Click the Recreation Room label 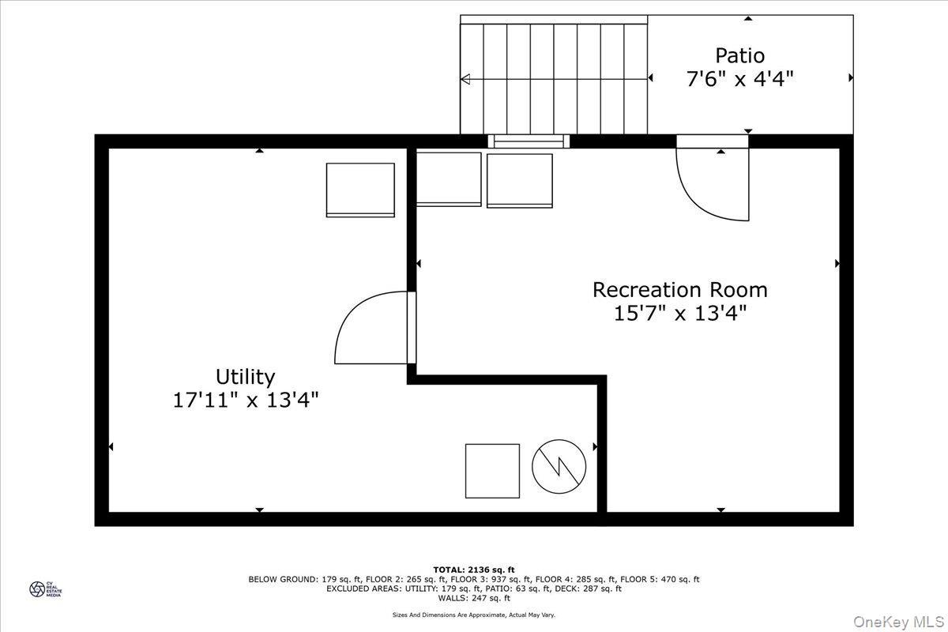[x=679, y=289]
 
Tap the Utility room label [x=245, y=376]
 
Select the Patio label [x=739, y=55]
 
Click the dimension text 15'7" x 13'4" [x=679, y=314]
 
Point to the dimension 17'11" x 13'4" [x=245, y=400]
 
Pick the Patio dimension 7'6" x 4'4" [x=739, y=79]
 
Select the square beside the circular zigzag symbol [x=492, y=471]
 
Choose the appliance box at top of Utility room [x=360, y=190]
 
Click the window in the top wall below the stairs [x=527, y=142]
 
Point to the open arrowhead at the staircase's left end [x=465, y=78]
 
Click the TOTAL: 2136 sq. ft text [x=474, y=570]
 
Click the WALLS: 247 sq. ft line [x=474, y=598]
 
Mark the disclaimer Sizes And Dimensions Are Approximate [x=474, y=615]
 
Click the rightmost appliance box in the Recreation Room [x=519, y=180]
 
